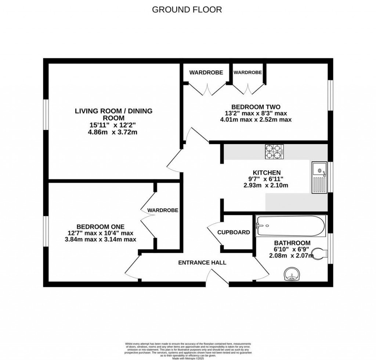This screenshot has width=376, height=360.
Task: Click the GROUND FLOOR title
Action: tap(187, 10)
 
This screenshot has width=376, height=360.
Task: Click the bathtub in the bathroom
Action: tap(290, 226)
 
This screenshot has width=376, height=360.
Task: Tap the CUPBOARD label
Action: tap(234, 232)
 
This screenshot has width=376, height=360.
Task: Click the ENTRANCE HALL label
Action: tap(202, 262)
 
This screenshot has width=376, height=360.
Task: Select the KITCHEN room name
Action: tap(267, 172)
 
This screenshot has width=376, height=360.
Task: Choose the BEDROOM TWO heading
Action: tap(256, 107)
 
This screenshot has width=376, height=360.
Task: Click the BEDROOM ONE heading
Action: tap(100, 226)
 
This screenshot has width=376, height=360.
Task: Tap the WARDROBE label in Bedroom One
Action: tap(163, 210)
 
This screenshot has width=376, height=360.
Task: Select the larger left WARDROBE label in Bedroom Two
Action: tap(206, 72)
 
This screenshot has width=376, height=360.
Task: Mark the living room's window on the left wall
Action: tap(46, 114)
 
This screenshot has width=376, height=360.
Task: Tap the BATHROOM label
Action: tap(292, 243)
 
